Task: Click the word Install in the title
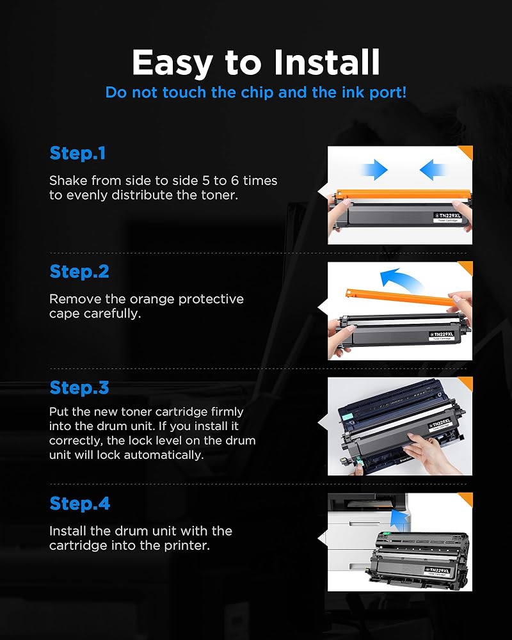tap(327, 62)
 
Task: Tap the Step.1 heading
tap(77, 154)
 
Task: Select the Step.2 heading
tap(79, 272)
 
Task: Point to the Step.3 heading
tap(79, 388)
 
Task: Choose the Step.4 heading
tap(79, 504)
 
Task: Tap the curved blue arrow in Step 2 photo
tap(400, 279)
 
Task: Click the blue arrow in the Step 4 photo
tap(399, 518)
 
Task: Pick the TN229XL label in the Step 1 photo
tap(448, 217)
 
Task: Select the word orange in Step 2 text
tap(152, 300)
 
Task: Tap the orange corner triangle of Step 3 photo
tap(467, 383)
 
